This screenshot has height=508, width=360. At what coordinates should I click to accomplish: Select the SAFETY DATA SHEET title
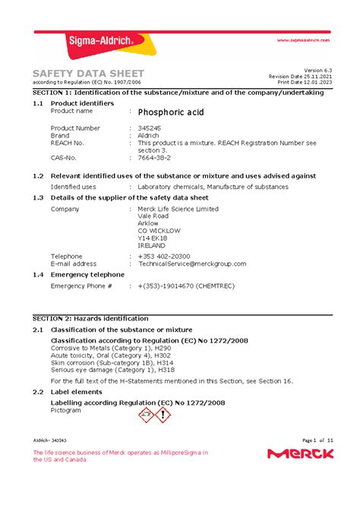[x=88, y=73]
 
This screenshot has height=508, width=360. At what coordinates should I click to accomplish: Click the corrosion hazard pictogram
[x=145, y=415]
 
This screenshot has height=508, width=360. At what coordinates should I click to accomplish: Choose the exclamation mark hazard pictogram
[x=163, y=415]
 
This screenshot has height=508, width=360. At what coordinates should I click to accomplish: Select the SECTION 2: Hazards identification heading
[x=95, y=320]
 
